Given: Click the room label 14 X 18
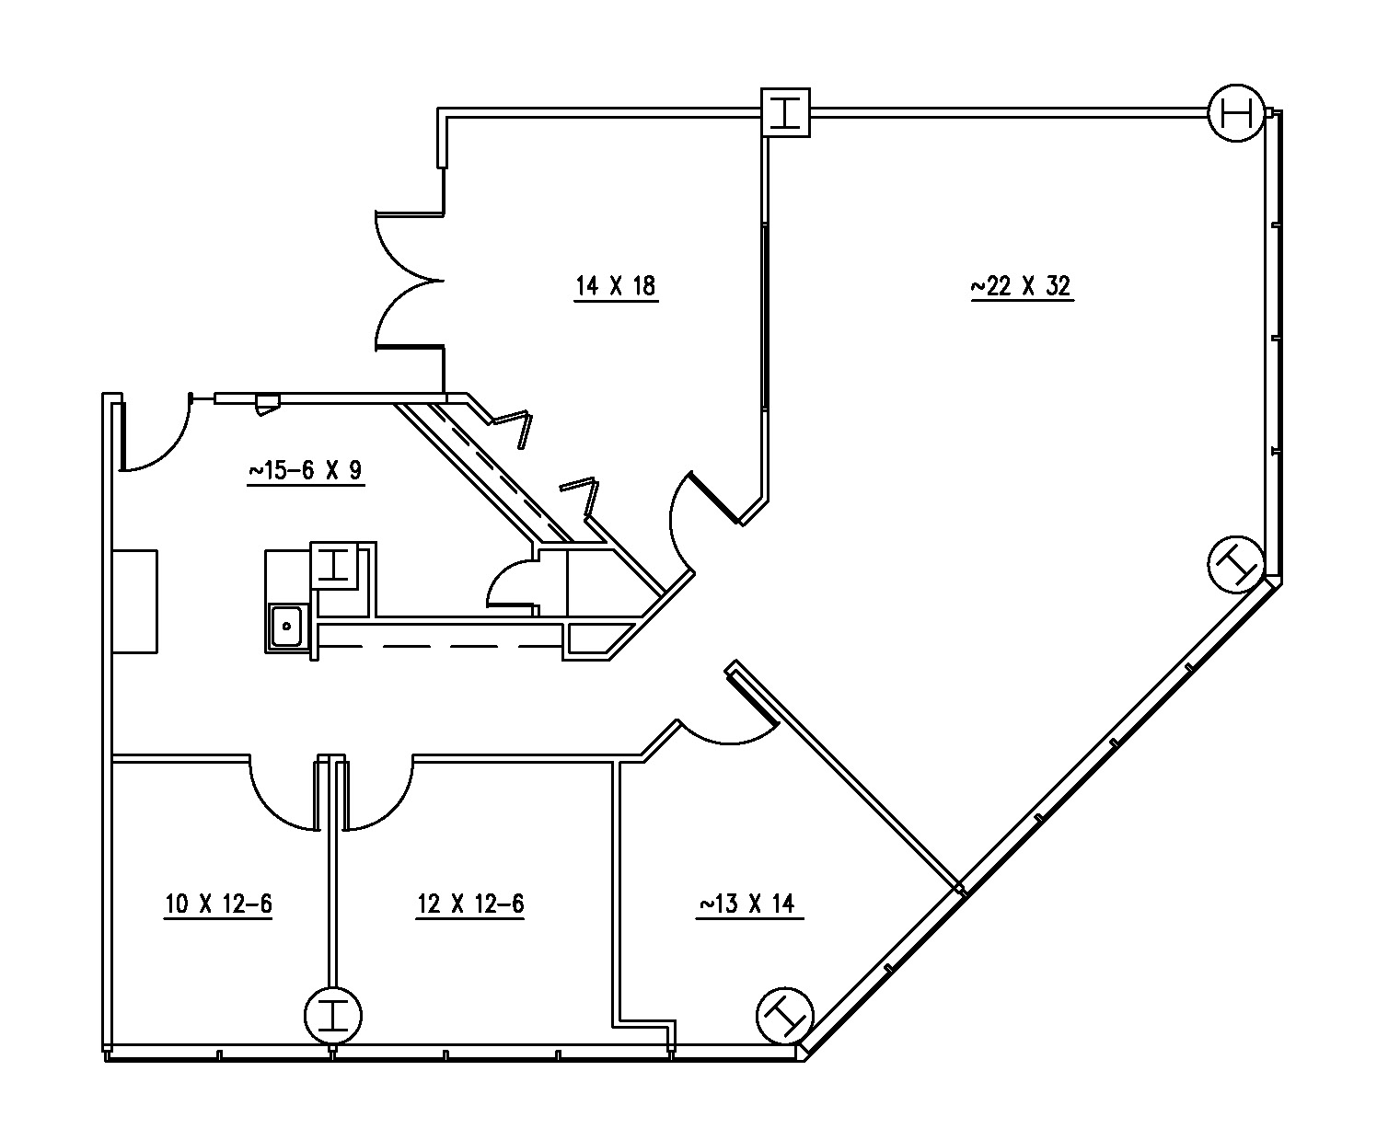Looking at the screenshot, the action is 616,286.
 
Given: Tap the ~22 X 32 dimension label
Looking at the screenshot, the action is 1022,286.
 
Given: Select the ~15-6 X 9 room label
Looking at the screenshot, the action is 306,471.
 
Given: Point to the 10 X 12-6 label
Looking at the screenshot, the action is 218,904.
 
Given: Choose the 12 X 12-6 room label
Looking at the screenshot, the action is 470,904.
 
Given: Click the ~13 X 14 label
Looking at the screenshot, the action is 750,904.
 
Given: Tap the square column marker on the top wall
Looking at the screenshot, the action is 785,112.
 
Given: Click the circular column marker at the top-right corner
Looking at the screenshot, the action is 1236,113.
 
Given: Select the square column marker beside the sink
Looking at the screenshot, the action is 335,566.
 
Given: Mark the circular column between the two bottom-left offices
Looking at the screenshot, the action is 333,1016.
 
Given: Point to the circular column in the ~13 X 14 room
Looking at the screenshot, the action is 784,1016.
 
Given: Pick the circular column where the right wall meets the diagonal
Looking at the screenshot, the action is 1236,564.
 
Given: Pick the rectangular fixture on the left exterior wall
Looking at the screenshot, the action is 134,602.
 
